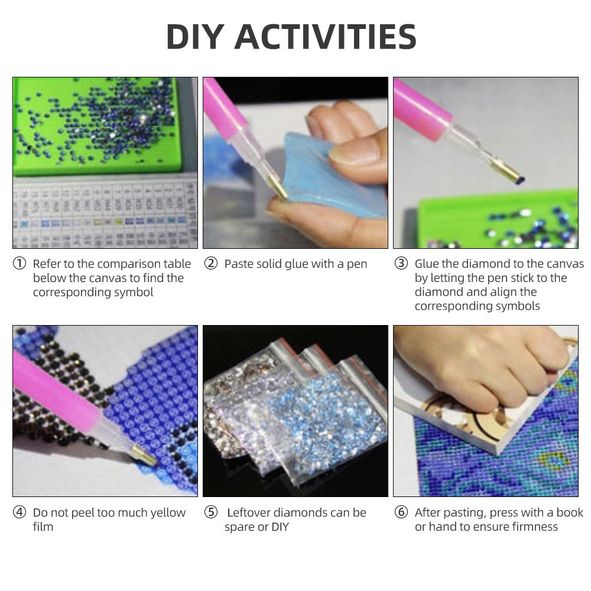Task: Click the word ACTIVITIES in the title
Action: coord(326,37)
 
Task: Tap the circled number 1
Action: coord(20,264)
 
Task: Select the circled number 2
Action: coord(211,264)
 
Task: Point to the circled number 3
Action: coord(401,264)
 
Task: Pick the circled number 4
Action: coord(20,512)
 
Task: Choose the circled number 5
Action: coord(211,512)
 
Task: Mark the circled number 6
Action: coord(401,512)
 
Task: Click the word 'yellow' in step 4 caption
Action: coord(168,513)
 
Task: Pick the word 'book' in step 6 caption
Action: coord(570,512)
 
